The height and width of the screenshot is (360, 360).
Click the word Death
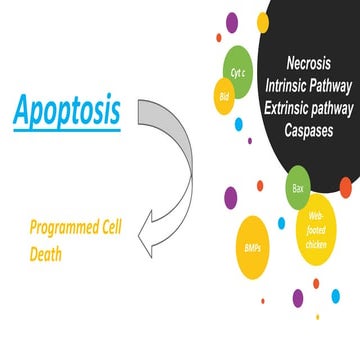click(45, 254)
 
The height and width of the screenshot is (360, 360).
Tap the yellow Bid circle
click(222, 97)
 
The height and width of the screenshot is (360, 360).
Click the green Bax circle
click(297, 187)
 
